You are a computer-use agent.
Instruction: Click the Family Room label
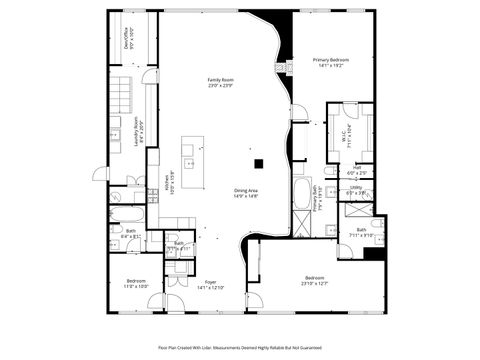click(x=220, y=79)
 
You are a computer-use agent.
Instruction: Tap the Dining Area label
click(x=246, y=190)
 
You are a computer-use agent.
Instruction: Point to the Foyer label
click(x=211, y=282)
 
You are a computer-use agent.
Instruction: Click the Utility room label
click(x=355, y=187)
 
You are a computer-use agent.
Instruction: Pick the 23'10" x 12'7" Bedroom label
click(x=314, y=279)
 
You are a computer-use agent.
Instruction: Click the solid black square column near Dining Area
click(x=257, y=163)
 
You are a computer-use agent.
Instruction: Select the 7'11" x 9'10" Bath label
click(x=361, y=233)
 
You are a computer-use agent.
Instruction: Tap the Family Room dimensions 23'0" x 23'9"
click(x=220, y=86)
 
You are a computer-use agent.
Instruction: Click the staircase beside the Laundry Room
click(x=121, y=95)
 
